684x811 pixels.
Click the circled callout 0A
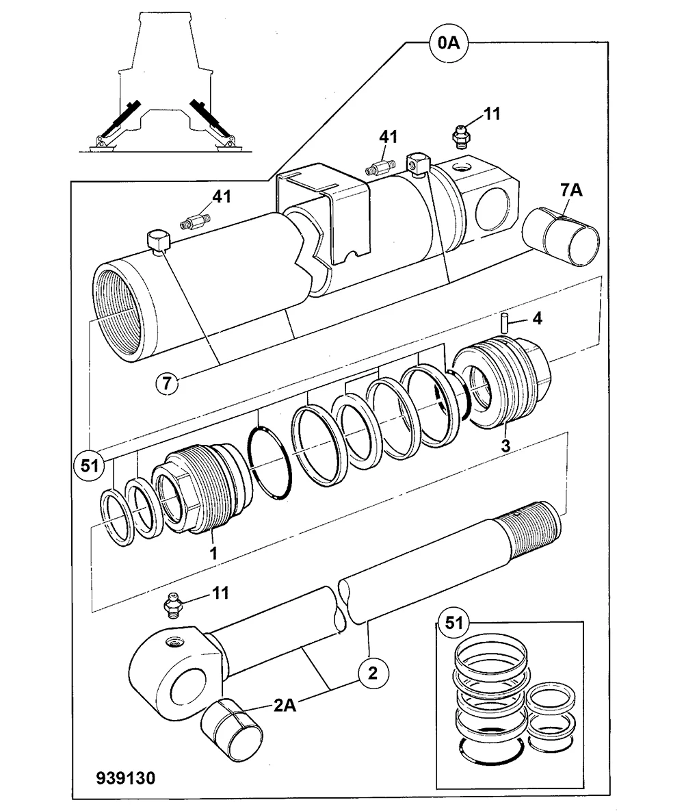coord(448,43)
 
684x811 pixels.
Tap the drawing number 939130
coord(126,777)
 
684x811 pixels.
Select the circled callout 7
coord(166,383)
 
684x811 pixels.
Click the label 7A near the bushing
coord(571,190)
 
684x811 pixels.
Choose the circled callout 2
coord(373,673)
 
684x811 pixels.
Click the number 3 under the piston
coord(505,446)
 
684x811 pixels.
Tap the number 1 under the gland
coord(213,553)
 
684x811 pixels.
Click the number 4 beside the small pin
coord(537,319)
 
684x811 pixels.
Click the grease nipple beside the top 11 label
coord(459,138)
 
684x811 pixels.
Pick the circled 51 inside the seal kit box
coord(453,622)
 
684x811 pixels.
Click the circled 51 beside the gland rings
coord(90,465)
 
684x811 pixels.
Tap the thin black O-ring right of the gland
coord(270,463)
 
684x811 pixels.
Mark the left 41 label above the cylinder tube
coord(222,196)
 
